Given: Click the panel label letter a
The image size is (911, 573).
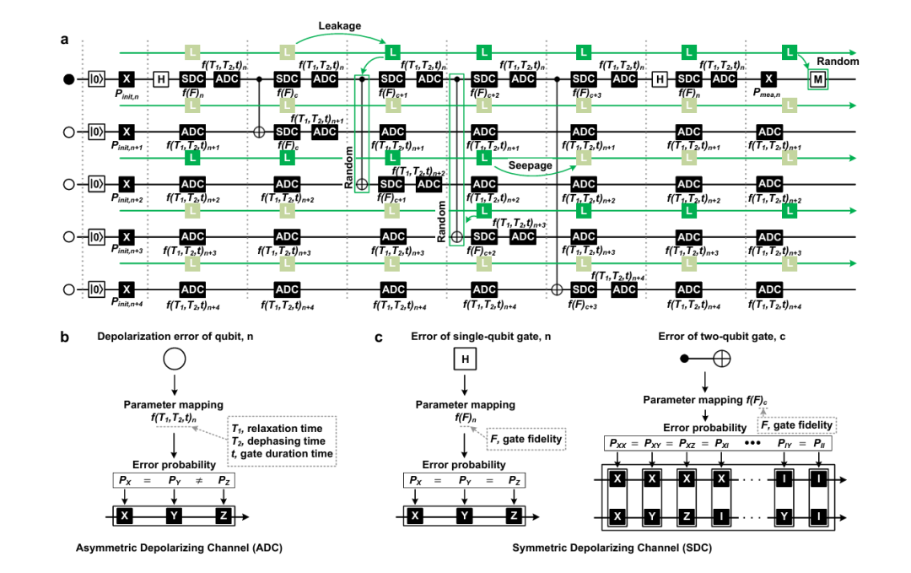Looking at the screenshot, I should click(x=64, y=39).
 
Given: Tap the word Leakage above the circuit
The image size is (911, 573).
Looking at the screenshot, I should click(x=340, y=26).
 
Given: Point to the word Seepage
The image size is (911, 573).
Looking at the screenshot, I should click(x=531, y=166).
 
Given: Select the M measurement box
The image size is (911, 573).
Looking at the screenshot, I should click(x=817, y=79).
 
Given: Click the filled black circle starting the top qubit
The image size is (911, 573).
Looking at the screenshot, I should click(x=67, y=79).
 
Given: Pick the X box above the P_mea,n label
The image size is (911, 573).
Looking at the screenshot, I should click(x=768, y=78).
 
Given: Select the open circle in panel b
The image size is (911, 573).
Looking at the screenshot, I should click(x=173, y=360).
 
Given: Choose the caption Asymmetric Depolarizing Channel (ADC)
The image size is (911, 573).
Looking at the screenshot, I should click(x=180, y=549).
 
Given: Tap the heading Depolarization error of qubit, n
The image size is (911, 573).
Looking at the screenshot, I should click(x=173, y=338).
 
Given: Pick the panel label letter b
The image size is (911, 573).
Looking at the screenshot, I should click(x=64, y=338).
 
